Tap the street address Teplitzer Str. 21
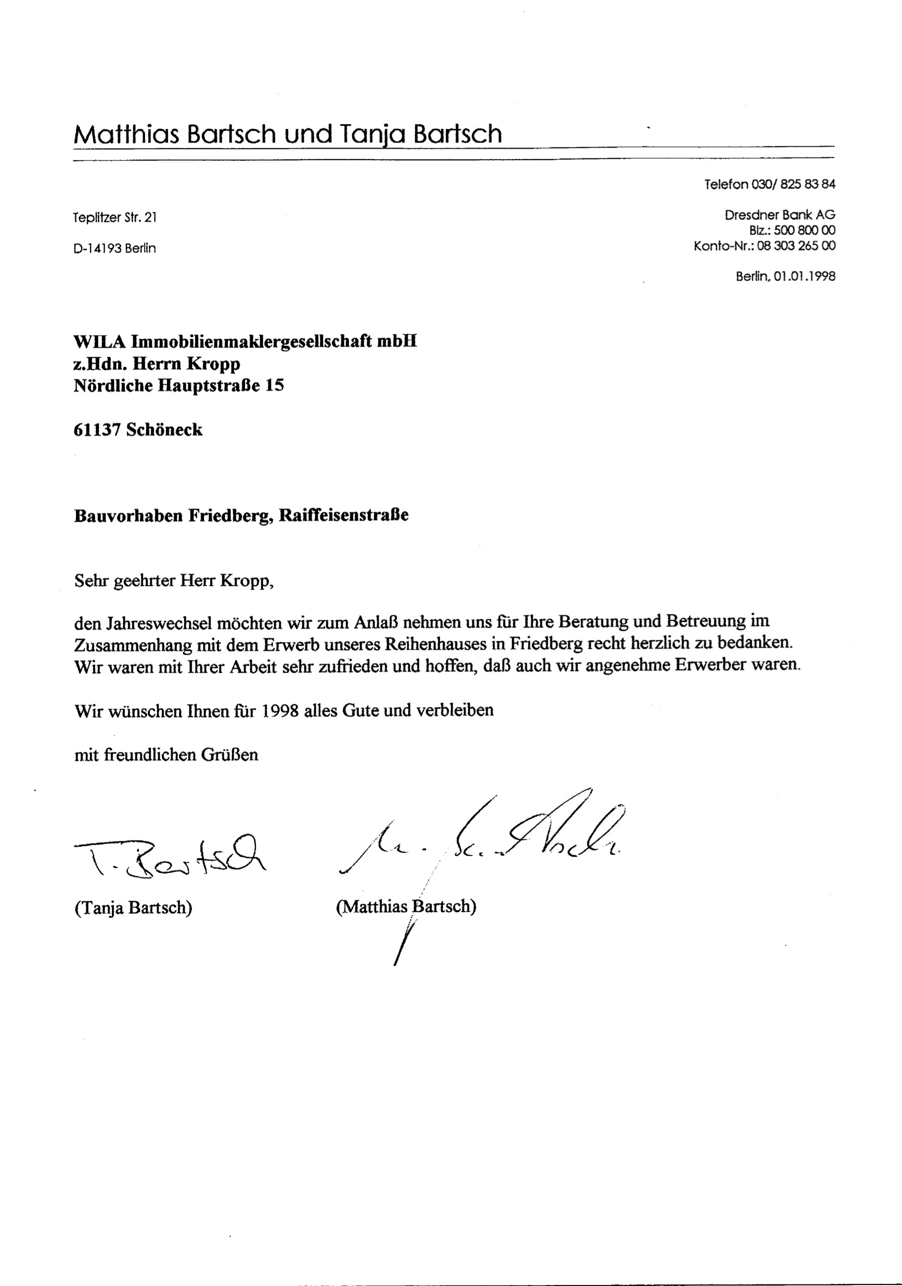point(115,217)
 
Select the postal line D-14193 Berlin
point(114,248)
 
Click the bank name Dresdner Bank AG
point(779,215)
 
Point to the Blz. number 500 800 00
point(805,230)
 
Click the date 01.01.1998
point(805,276)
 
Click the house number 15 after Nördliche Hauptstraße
point(274,385)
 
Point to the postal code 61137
point(97,430)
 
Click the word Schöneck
point(164,430)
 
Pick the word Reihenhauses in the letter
point(436,644)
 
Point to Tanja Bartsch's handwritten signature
point(168,856)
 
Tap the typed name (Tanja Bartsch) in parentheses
point(133,907)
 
